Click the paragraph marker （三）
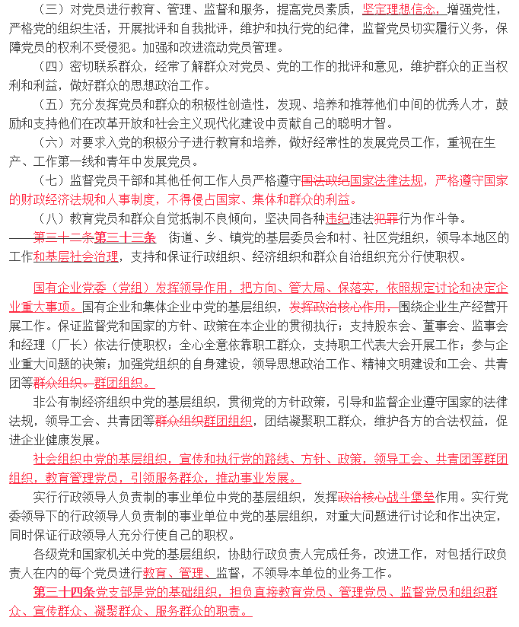tap(51, 11)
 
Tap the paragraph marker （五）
tap(51, 104)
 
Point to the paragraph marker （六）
tap(51, 142)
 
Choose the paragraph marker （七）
tap(51, 180)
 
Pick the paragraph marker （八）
tap(51, 218)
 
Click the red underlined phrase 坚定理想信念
tap(400, 11)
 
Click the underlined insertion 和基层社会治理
tap(75, 256)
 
